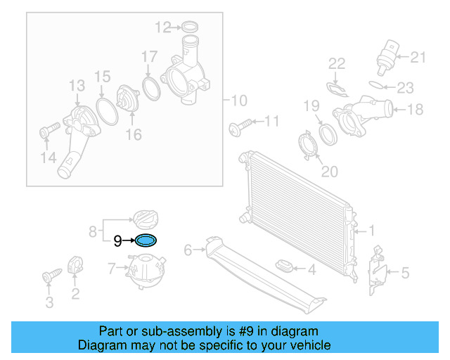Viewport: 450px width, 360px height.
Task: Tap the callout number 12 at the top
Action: coord(162,28)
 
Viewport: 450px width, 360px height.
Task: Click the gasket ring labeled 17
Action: coord(150,89)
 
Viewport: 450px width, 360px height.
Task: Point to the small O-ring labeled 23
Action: coord(378,87)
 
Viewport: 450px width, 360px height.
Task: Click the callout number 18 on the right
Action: coord(416,109)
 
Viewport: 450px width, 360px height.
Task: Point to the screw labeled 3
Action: coord(52,277)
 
